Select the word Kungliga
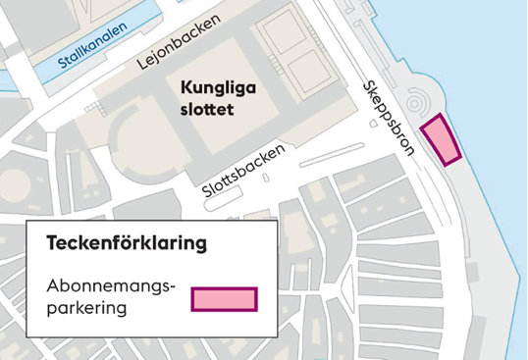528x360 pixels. coord(218,87)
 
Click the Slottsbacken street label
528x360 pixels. coord(244,170)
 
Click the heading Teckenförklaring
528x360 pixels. coord(127,242)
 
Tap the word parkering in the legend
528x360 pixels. coord(87,307)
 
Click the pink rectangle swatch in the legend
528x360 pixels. coord(224,298)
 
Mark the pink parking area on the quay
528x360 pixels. coord(441,139)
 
